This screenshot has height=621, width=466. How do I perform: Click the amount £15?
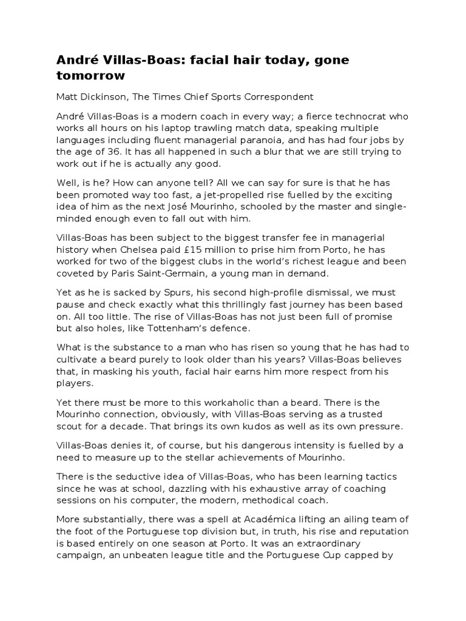pos(220,249)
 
